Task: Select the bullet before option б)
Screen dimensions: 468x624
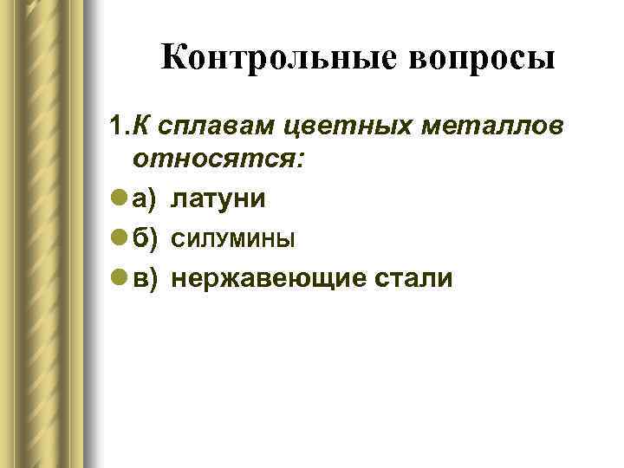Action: point(118,239)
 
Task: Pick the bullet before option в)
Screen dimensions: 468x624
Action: point(118,278)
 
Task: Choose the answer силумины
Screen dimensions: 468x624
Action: point(233,239)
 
